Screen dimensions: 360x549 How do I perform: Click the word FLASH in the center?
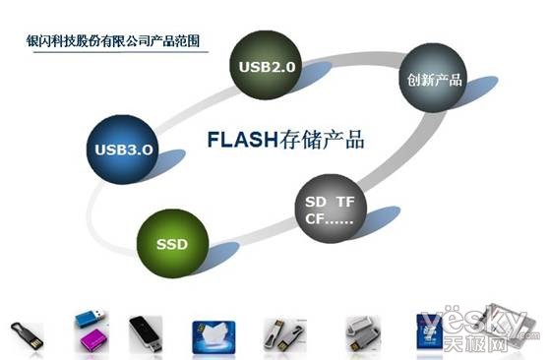[x=239, y=140]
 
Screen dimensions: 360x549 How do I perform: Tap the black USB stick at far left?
[x=27, y=333]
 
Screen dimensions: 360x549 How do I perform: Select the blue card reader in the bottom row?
[x=88, y=322]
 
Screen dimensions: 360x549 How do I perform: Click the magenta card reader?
[x=90, y=343]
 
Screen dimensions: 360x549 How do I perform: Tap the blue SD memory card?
[x=429, y=332]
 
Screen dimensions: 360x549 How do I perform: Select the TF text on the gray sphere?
[x=345, y=201]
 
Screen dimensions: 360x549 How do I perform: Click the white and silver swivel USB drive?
[x=362, y=333]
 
